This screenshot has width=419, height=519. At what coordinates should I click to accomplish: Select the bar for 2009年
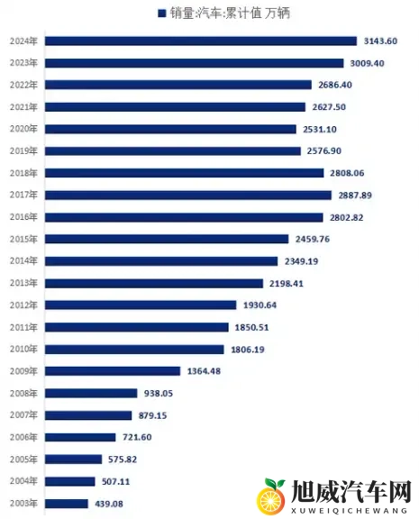click(x=113, y=370)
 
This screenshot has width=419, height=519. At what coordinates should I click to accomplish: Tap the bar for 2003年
click(x=67, y=503)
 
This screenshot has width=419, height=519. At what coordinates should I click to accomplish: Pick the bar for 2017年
click(x=186, y=195)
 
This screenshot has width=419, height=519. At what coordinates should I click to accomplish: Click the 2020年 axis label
click(x=23, y=129)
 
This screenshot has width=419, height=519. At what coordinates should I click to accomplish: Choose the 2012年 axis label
click(x=23, y=305)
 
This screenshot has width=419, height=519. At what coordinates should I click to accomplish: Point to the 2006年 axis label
click(x=23, y=437)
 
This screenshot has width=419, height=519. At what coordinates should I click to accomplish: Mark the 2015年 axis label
click(x=23, y=239)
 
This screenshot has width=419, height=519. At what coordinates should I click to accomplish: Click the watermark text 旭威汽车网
click(x=349, y=490)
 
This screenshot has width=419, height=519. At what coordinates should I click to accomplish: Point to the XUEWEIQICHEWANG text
click(x=349, y=509)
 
